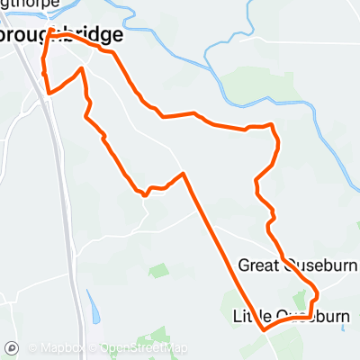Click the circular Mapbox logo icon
[13, 348]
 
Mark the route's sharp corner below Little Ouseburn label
[265, 330]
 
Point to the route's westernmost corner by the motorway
[47, 92]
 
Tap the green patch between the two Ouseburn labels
[300, 298]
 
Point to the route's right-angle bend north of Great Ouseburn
[273, 128]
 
